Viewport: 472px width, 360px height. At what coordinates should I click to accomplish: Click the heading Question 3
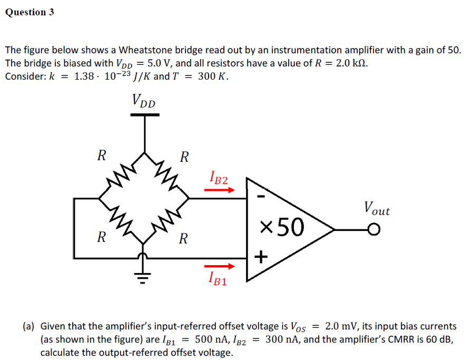(29, 12)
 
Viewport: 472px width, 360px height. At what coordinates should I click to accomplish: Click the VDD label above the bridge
(144, 100)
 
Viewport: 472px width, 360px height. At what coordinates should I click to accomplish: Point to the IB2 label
(219, 178)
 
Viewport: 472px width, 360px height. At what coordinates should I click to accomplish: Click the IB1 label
(218, 278)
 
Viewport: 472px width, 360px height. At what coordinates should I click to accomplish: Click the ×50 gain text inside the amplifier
(282, 227)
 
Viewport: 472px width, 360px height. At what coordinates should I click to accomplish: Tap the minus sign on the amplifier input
(261, 196)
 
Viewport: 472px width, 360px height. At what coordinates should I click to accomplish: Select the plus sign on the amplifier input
(261, 257)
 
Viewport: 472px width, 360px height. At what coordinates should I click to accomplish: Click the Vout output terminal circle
(374, 230)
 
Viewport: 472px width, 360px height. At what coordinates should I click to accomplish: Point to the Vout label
(376, 209)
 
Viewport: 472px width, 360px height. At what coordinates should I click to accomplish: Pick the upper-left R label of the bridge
(102, 155)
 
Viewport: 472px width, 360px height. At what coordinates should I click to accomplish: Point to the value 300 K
(213, 76)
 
